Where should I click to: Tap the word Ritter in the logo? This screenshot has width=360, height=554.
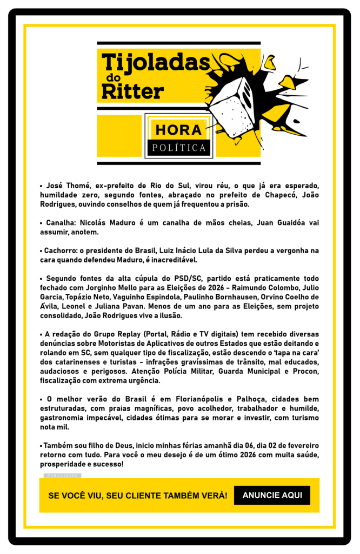pyautogui.click(x=132, y=91)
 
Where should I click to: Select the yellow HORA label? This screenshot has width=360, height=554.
pyautogui.click(x=178, y=130)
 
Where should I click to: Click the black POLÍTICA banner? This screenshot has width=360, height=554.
pyautogui.click(x=179, y=147)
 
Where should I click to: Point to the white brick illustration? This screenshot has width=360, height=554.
pyautogui.click(x=234, y=105)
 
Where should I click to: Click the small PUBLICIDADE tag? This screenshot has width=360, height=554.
pyautogui.click(x=62, y=476)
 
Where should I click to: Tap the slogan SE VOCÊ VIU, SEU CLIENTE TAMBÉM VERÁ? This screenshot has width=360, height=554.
pyautogui.click(x=138, y=495)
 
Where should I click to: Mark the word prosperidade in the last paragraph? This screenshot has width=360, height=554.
pyautogui.click(x=63, y=464)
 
